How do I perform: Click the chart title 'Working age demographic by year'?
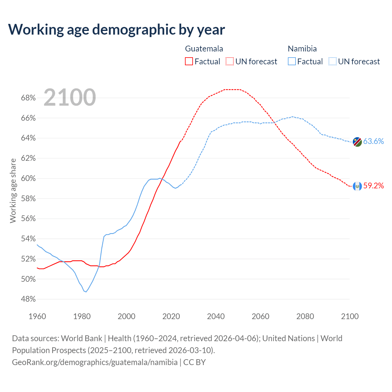click(116, 29)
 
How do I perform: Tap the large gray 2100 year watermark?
click(70, 97)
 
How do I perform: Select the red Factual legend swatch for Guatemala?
click(189, 62)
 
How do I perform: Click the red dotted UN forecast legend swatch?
click(230, 62)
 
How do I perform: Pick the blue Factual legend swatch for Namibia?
click(292, 62)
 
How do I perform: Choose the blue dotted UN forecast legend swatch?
click(333, 62)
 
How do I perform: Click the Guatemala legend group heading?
click(204, 49)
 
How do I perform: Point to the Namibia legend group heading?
click(302, 49)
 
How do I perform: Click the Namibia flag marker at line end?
click(357, 142)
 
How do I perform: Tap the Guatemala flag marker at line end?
click(357, 186)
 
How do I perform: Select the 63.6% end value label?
click(373, 141)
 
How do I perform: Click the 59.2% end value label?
click(373, 186)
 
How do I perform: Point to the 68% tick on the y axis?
click(28, 98)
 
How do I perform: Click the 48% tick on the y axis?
click(28, 299)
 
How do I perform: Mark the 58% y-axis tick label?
click(28, 198)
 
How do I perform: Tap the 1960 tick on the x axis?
click(37, 316)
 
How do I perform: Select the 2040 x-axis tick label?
click(216, 316)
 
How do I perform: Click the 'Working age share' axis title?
click(13, 190)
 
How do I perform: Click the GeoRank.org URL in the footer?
click(95, 362)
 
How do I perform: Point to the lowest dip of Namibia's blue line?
click(86, 292)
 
